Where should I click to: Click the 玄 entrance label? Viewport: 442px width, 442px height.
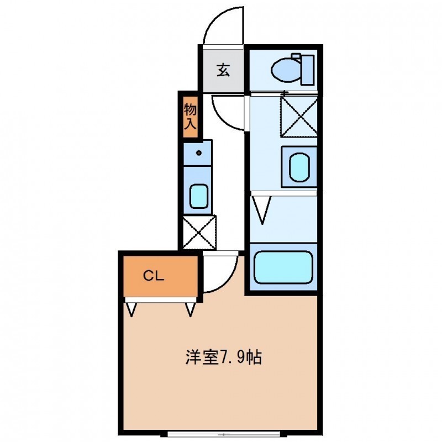pyautogui.click(x=223, y=70)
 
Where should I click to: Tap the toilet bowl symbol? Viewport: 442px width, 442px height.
pyautogui.click(x=285, y=70)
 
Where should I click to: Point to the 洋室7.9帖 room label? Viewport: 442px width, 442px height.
pyautogui.click(x=223, y=356)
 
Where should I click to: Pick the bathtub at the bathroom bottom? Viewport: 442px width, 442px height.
pyautogui.click(x=282, y=267)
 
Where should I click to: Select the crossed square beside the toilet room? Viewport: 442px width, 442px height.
pyautogui.click(x=299, y=116)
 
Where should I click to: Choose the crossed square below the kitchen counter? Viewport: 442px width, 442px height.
pyautogui.click(x=199, y=233)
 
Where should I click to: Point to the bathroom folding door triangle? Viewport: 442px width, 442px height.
pyautogui.click(x=262, y=211)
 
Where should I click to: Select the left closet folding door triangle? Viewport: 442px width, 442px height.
pyautogui.click(x=132, y=309)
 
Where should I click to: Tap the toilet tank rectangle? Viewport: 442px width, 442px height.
pyautogui.click(x=308, y=68)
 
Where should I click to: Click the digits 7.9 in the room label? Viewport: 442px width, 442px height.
pyautogui.click(x=232, y=356)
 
